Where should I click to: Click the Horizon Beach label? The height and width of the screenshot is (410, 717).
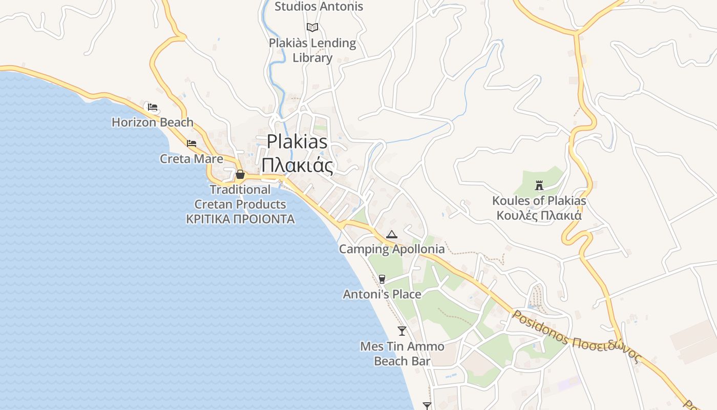(x=153, y=122)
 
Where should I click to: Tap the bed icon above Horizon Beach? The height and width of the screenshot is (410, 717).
(x=153, y=107)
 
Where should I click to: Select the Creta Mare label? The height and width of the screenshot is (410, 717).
(x=192, y=159)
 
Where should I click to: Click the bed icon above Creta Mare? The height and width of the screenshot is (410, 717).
(x=192, y=143)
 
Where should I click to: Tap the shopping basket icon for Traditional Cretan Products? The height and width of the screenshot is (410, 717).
(x=240, y=175)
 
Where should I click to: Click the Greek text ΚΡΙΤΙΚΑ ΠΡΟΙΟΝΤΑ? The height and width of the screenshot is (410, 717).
(x=240, y=219)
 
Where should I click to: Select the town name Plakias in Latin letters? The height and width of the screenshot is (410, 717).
(x=297, y=141)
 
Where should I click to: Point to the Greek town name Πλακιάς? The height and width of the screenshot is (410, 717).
(x=297, y=166)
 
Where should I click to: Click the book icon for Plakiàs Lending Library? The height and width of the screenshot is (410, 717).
(x=312, y=27)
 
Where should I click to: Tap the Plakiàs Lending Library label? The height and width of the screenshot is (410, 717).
(x=312, y=50)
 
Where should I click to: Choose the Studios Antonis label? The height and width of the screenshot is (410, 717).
(x=319, y=7)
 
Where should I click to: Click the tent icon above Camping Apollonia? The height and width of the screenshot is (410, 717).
(x=392, y=235)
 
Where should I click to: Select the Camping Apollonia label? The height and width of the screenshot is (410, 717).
(x=392, y=250)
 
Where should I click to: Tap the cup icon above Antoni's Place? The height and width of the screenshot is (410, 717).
(x=382, y=279)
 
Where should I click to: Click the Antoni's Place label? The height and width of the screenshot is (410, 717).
(x=382, y=294)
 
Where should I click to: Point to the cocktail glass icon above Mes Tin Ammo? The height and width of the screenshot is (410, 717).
(x=402, y=331)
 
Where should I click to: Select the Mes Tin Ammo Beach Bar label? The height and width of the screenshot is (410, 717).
(x=402, y=354)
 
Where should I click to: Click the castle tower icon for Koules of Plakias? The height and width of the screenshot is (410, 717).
(x=539, y=185)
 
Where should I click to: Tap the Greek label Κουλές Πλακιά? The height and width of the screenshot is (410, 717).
(x=539, y=215)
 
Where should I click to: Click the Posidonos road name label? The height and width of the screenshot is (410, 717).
(x=540, y=328)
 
